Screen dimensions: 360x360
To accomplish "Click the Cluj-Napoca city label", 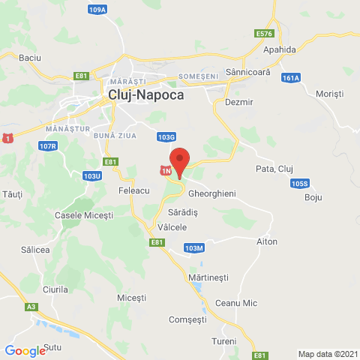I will (145, 95).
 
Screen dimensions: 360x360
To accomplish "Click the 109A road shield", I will (97, 10).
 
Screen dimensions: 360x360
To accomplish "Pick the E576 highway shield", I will (263, 34).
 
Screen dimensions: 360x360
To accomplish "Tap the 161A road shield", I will (292, 77).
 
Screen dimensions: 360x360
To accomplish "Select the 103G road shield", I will (166, 137).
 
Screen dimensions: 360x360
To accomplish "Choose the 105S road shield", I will (300, 183).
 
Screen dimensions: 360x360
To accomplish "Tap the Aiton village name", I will (266, 241).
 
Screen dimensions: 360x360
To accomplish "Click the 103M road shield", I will (193, 247).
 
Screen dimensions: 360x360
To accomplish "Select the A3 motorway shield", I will (31, 307).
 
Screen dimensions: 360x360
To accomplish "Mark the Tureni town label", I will (223, 341).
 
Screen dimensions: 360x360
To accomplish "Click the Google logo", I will (25, 350).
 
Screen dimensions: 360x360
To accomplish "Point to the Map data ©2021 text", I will (327, 354).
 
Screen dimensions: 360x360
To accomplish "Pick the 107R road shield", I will (48, 145).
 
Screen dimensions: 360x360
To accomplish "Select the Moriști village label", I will (329, 94).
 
